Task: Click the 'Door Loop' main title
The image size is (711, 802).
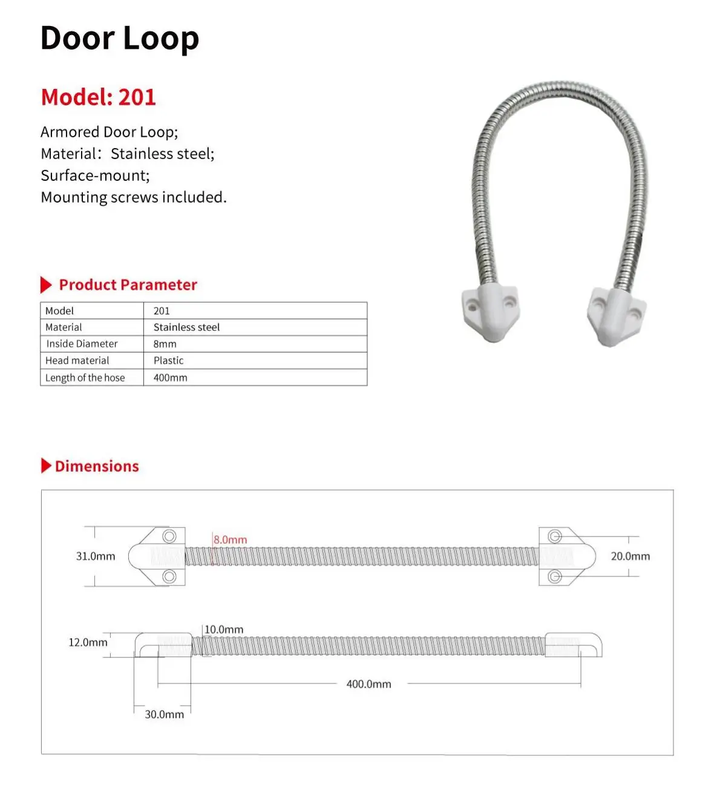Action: pos(119,39)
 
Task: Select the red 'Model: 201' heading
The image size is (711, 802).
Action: pos(98,97)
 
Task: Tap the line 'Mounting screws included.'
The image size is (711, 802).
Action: pos(133,197)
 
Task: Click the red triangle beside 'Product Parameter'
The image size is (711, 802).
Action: pos(46,285)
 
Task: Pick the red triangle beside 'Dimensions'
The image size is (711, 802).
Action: pos(46,466)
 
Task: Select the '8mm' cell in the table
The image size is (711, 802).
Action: pos(165,344)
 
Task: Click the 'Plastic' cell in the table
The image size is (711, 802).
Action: pos(168,360)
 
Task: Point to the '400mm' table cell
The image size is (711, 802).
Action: pos(170,377)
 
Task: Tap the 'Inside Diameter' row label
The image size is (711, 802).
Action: pos(82,344)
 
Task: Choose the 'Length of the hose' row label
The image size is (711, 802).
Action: pos(85,377)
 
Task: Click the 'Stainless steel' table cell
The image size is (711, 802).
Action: pos(186,327)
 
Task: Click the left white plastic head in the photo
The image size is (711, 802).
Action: pos(490,312)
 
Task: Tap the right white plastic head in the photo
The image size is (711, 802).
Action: pos(616,315)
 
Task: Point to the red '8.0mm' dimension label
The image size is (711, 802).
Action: pos(231,540)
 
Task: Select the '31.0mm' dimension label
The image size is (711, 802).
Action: pos(95,556)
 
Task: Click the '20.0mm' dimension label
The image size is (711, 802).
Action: pos(630,556)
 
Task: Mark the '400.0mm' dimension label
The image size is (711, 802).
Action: pos(369,684)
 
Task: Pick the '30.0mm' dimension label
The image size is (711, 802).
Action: pos(164,714)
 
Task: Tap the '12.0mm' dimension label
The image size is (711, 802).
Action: pos(88,642)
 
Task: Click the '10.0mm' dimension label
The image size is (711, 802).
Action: pos(224,630)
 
